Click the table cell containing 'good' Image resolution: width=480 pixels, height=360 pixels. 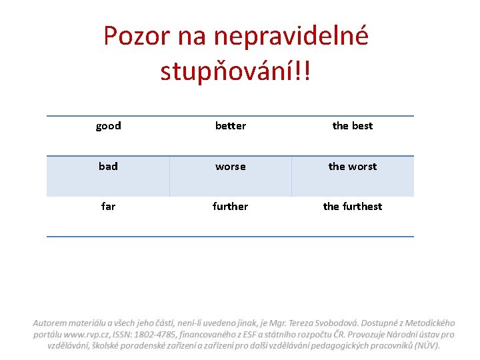pyautogui.click(x=108, y=126)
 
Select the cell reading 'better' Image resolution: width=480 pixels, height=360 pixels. pyautogui.click(x=231, y=126)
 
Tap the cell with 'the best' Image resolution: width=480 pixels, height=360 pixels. pyautogui.click(x=353, y=126)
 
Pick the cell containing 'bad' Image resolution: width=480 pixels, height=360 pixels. pyautogui.click(x=108, y=167)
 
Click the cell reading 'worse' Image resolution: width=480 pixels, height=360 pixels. pyautogui.click(x=231, y=167)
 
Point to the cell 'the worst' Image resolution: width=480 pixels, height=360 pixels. pyautogui.click(x=353, y=167)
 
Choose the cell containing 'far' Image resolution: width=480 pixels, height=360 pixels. pyautogui.click(x=108, y=207)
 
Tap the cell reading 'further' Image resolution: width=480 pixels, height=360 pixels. pyautogui.click(x=231, y=207)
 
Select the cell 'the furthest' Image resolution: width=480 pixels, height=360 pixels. pyautogui.click(x=353, y=207)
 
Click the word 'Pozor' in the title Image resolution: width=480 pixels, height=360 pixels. pyautogui.click(x=137, y=36)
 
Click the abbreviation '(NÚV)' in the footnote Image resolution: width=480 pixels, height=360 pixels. pyautogui.click(x=427, y=345)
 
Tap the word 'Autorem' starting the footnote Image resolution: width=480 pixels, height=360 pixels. pyautogui.click(x=51, y=323)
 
